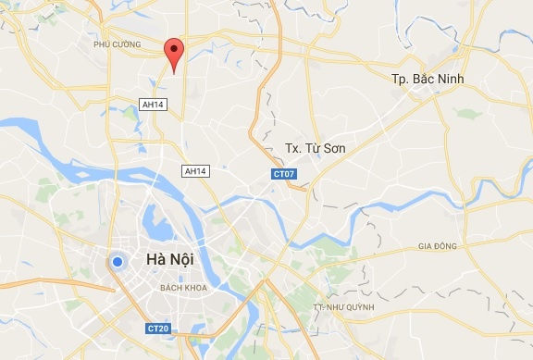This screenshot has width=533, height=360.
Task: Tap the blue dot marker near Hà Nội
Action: point(117,263)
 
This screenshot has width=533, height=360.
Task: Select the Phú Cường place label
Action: point(117,43)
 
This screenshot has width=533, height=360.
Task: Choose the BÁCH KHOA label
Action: point(181,288)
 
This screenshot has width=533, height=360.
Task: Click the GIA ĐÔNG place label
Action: point(437,246)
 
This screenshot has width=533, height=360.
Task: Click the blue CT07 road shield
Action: point(283,173)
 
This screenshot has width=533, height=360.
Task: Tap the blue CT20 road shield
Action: point(158,328)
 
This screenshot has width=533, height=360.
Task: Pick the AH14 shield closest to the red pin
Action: point(153,105)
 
